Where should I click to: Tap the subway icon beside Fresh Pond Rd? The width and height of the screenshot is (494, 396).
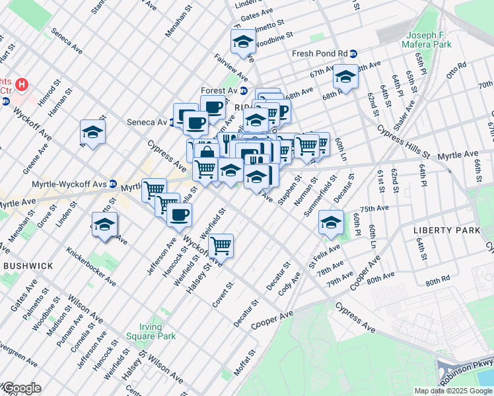click(x=354, y=54)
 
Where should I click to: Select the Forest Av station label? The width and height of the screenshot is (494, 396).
click(x=219, y=91)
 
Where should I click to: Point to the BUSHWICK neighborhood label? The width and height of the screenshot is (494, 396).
click(x=28, y=265)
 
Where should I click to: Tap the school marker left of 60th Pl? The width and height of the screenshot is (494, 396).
click(x=331, y=222)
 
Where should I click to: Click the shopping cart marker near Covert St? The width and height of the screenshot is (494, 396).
click(x=221, y=246)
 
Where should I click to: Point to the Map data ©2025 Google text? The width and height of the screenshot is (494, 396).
click(x=453, y=391)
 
